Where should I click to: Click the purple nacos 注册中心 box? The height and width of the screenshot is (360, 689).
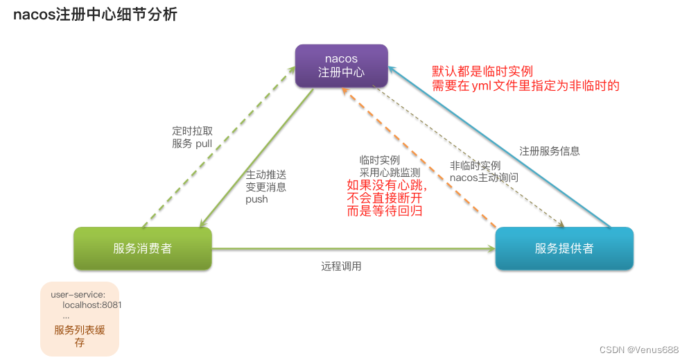[341, 65]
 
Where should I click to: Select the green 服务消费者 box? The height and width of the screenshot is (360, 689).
[143, 248]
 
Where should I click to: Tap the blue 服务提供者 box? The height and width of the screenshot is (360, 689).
[564, 248]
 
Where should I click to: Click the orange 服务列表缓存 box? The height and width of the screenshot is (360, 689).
[80, 318]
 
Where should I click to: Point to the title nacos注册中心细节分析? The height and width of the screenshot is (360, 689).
[96, 15]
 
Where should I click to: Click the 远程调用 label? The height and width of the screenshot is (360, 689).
[341, 266]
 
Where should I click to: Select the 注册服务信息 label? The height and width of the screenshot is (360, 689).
[550, 151]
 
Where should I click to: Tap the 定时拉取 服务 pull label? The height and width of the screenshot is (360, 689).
[192, 137]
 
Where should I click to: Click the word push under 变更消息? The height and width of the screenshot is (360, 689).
[256, 199]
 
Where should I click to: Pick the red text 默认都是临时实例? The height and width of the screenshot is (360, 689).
[482, 71]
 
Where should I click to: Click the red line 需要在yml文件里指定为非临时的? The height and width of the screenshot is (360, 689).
[525, 86]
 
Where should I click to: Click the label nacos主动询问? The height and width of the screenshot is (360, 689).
[484, 178]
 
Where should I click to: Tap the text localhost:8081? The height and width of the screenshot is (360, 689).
[92, 305]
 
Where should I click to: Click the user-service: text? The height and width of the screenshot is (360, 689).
[78, 295]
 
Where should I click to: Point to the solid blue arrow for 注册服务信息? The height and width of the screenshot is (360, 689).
[499, 146]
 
